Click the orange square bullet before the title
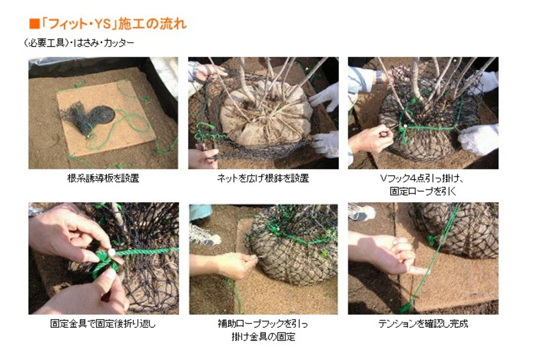34,25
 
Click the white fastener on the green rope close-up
112,253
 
